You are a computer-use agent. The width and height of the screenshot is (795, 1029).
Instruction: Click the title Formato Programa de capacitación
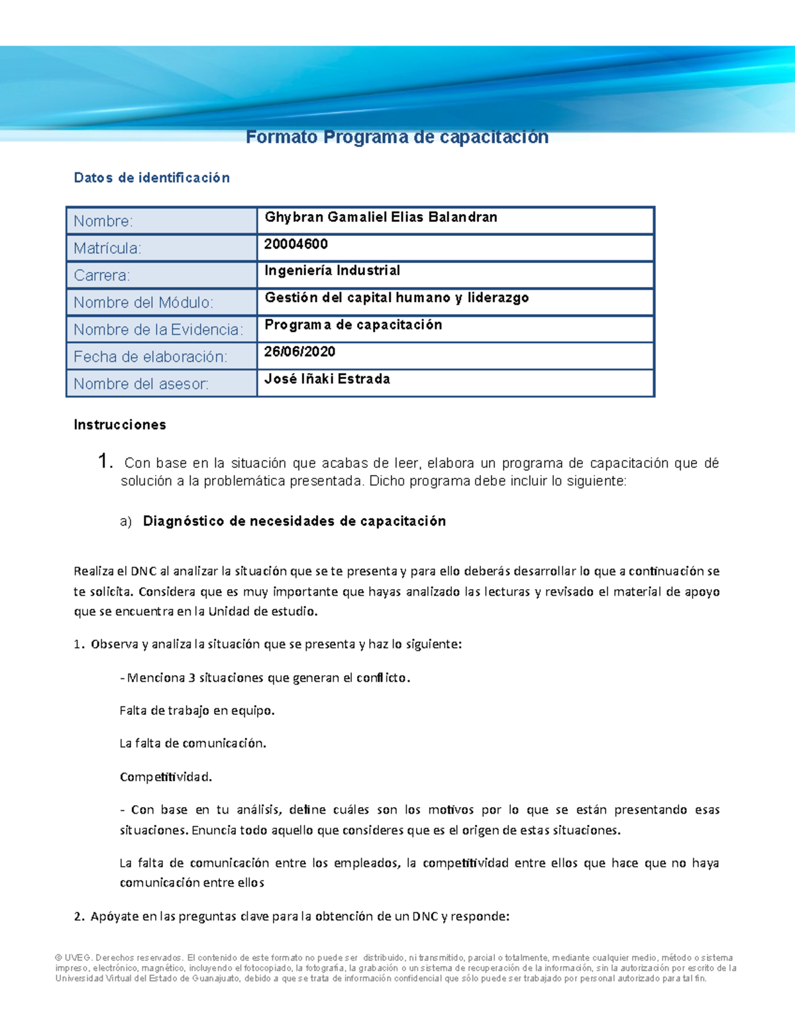point(397,137)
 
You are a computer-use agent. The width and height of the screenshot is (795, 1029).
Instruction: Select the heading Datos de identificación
point(152,178)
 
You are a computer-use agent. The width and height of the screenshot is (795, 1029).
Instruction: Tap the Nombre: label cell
point(103,221)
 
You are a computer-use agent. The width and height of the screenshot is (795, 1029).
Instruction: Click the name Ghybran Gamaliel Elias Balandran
point(381,217)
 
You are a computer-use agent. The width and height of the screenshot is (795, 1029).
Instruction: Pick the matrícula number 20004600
point(296,244)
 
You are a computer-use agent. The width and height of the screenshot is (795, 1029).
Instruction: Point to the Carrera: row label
point(102,276)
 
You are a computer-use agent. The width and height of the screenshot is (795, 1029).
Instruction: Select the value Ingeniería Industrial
point(333,271)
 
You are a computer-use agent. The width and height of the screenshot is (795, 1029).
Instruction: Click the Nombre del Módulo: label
point(143,303)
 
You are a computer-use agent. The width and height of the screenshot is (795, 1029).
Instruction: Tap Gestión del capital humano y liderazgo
point(397,298)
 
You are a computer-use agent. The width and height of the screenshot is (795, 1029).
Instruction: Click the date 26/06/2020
point(299,352)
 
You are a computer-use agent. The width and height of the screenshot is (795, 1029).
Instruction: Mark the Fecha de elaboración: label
point(150,357)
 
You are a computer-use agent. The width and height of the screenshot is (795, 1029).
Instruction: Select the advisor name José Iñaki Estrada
point(327,379)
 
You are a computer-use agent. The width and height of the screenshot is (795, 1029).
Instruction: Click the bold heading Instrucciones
point(120,425)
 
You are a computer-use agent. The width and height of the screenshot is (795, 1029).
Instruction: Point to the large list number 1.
point(105,461)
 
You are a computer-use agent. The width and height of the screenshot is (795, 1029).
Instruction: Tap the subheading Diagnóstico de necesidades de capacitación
point(294,521)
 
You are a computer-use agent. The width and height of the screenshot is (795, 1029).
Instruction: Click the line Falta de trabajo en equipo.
point(197,711)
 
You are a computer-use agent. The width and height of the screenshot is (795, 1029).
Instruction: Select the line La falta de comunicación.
point(193,743)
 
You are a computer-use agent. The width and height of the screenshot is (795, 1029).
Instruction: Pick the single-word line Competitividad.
point(166,777)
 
